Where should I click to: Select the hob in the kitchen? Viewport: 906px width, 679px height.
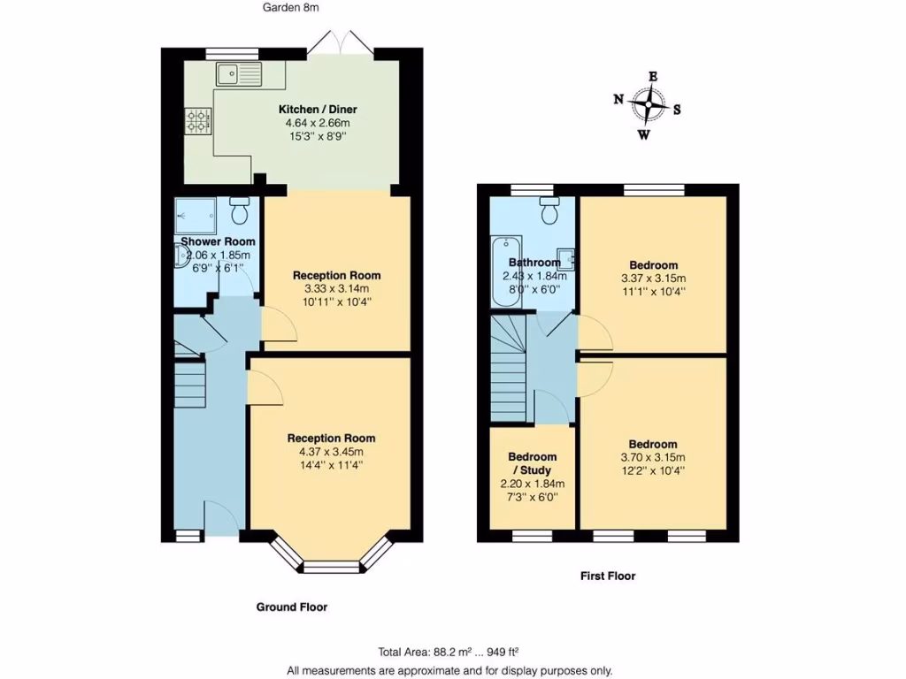(196, 119)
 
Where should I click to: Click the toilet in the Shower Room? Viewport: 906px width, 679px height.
(239, 211)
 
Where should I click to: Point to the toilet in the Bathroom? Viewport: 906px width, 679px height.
(549, 212)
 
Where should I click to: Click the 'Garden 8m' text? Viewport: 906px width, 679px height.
(290, 8)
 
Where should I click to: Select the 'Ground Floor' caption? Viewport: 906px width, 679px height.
(292, 607)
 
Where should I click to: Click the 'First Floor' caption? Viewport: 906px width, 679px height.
(608, 576)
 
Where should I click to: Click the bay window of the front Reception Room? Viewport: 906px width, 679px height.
(329, 562)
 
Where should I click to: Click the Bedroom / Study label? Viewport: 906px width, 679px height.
(532, 463)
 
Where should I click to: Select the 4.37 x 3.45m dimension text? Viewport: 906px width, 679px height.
(330, 452)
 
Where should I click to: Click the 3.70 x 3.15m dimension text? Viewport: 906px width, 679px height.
(653, 457)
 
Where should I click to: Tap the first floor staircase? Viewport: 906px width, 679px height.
(508, 371)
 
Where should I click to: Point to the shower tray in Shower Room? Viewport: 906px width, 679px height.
(196, 215)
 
